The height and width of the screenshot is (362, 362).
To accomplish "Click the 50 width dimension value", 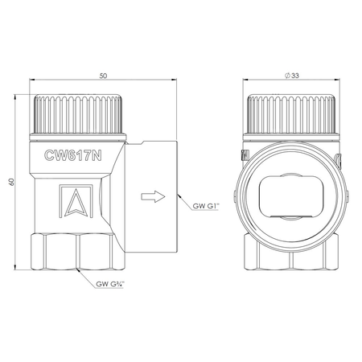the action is tap(103, 76).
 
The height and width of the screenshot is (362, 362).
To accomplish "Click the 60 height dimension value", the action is tap(11, 182).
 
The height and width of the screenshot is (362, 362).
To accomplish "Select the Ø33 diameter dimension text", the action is tap(292, 76).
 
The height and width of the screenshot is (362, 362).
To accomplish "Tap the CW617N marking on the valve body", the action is tap(73, 155).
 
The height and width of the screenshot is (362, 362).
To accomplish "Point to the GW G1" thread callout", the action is tap(206, 206).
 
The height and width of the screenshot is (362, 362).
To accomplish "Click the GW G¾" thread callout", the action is tap(110, 284).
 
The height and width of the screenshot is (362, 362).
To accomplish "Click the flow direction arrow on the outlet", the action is tap(153, 197).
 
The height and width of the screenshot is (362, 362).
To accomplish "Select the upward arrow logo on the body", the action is tap(76, 201).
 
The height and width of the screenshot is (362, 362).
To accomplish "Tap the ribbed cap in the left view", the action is tap(78, 115).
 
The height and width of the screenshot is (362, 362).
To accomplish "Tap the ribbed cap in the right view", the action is tap(291, 115).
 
